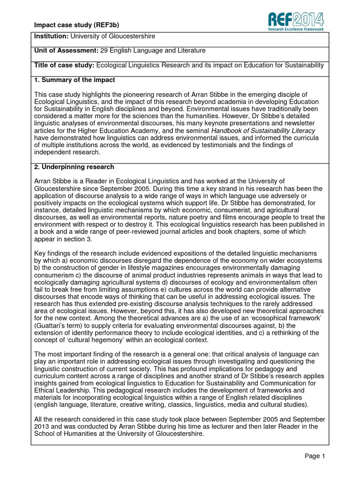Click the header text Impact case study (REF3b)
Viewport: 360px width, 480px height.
68,25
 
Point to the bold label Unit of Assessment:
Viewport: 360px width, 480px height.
66,51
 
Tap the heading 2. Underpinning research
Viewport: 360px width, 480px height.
74,167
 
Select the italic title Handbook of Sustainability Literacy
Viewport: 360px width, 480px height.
263,130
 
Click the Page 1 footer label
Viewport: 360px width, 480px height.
314,456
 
